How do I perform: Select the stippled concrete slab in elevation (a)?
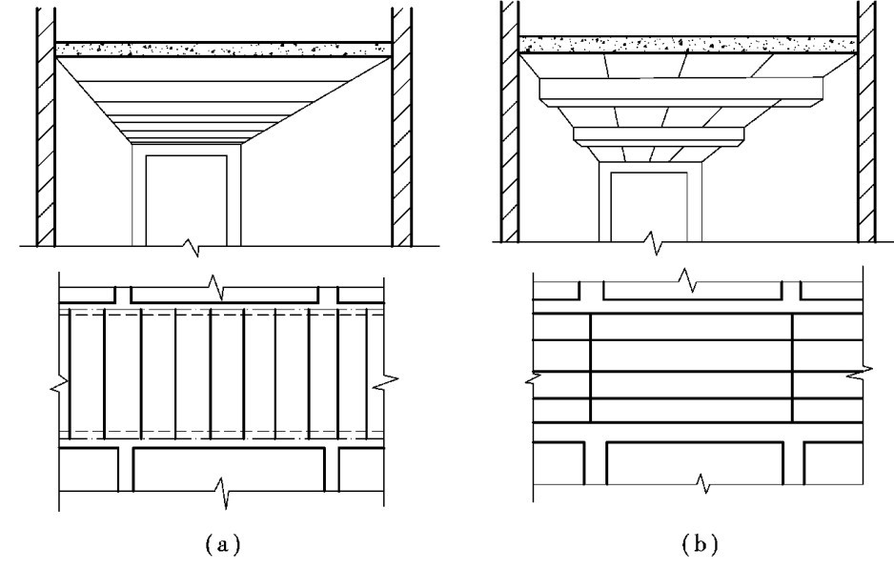pyautogui.click(x=224, y=49)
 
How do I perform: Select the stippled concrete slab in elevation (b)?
pyautogui.click(x=688, y=44)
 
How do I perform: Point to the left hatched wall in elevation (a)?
pyautogui.click(x=43, y=124)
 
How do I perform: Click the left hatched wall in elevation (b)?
pyautogui.click(x=508, y=124)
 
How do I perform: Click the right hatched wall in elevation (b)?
pyautogui.click(x=867, y=124)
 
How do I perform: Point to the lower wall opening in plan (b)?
pyautogui.click(x=696, y=464)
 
